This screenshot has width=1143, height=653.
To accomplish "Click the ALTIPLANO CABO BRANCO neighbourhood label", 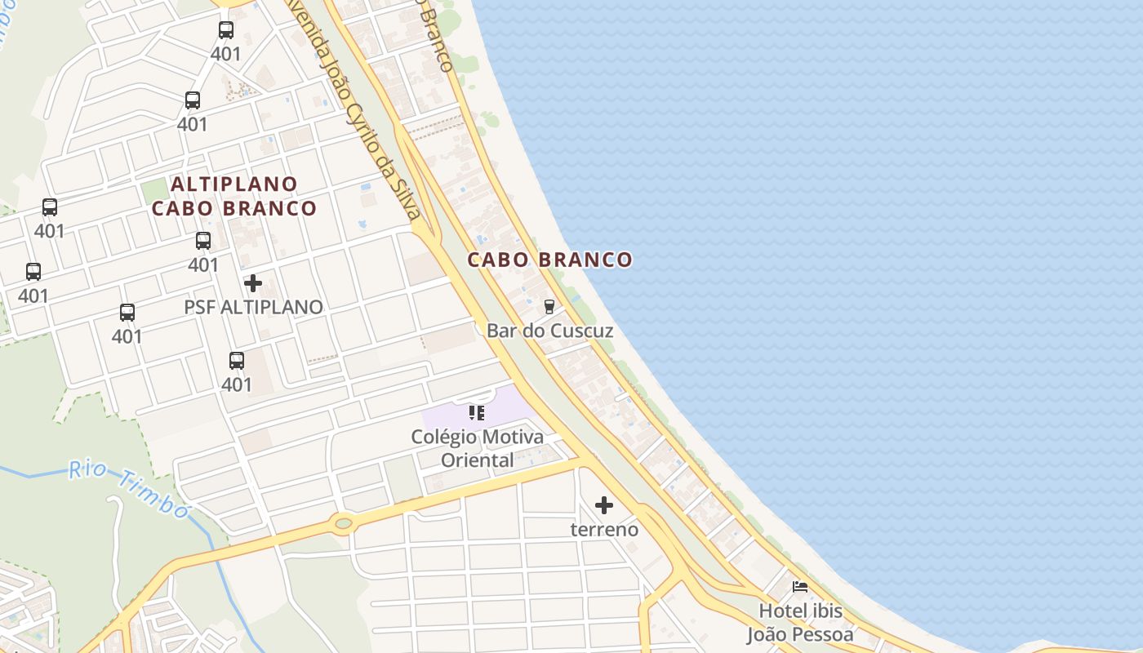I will (x=234, y=196).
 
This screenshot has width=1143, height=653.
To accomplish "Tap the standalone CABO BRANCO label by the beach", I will (x=549, y=260).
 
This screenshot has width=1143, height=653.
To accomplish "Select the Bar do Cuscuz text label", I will (x=549, y=331).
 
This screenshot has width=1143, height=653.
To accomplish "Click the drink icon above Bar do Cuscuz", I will (x=549, y=307).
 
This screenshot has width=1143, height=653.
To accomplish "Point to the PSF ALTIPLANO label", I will (x=253, y=307).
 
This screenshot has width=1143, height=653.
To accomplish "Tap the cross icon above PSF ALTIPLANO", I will (x=253, y=283).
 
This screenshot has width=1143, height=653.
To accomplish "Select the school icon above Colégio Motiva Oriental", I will (x=477, y=413).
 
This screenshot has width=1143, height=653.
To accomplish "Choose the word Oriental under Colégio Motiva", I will (x=478, y=460).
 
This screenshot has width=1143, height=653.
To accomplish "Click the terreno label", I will (x=604, y=529).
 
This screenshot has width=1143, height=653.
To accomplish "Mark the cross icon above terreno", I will (x=604, y=506).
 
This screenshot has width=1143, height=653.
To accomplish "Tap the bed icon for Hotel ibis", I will (x=800, y=587).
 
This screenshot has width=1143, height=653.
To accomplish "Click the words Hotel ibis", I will (x=800, y=611).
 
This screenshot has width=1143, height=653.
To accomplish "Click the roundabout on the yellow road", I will (x=343, y=522).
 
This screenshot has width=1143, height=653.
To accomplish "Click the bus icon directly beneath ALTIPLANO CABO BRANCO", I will (x=203, y=241).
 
